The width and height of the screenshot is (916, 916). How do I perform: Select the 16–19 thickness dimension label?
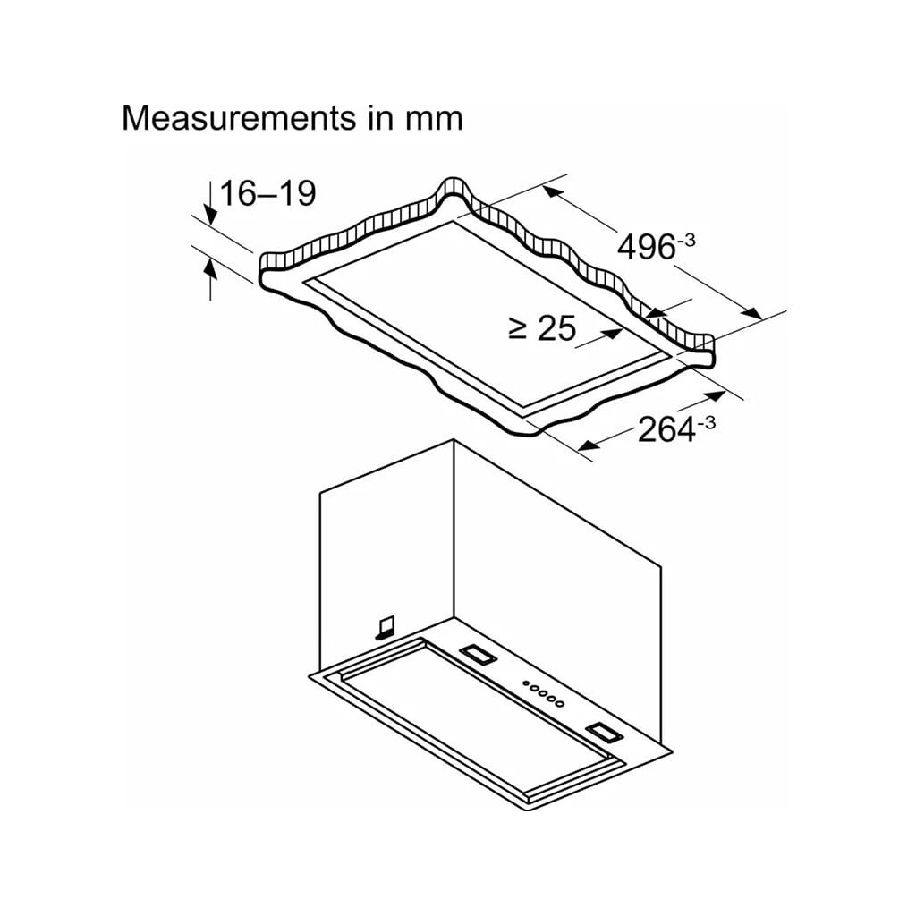[268, 193]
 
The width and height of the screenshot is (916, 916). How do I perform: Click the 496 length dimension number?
[646, 247]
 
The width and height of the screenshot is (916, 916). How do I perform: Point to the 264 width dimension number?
[666, 429]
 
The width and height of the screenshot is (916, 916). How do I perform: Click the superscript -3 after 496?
[686, 240]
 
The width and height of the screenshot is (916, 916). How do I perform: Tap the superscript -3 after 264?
[707, 422]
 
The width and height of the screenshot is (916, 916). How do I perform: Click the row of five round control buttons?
[544, 693]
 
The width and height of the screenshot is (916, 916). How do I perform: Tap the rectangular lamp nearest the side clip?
[479, 655]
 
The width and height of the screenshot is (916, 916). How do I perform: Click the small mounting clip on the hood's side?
[385, 627]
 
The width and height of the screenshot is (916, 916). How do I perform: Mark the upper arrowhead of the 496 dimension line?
[553, 192]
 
